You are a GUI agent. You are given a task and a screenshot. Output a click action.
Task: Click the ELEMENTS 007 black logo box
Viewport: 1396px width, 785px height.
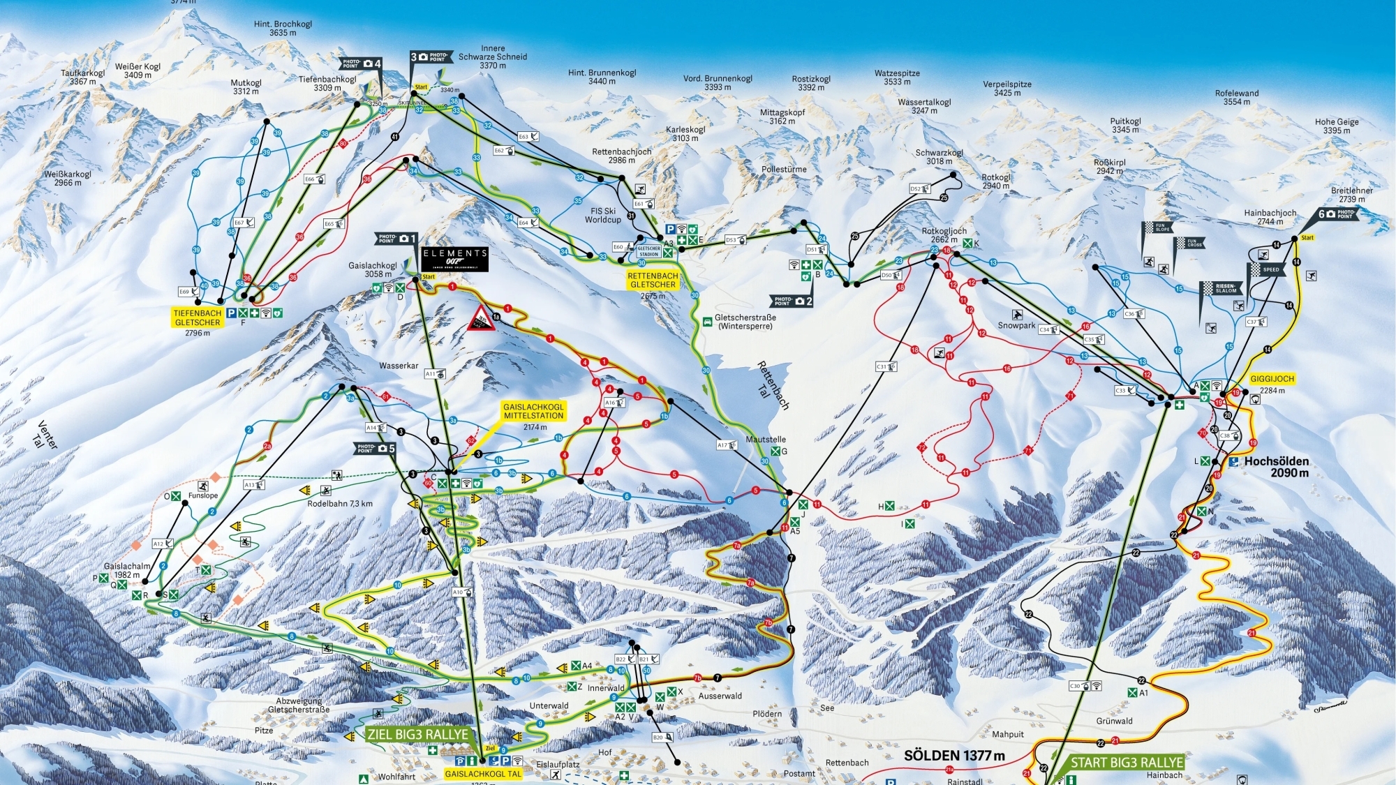(454, 259)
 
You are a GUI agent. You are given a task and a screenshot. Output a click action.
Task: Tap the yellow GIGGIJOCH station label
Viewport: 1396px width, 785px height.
(1272, 379)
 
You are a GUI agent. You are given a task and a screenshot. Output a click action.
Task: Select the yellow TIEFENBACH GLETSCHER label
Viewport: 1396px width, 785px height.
(198, 317)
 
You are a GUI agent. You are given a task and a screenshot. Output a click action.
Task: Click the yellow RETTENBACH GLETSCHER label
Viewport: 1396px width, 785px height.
(653, 280)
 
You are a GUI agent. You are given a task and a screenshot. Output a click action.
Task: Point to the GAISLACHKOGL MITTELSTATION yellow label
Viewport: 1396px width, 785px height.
(533, 411)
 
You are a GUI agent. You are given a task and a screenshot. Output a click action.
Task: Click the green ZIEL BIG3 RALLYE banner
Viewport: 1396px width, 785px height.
(417, 735)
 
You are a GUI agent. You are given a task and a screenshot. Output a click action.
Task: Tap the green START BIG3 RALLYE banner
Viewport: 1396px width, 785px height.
(1127, 763)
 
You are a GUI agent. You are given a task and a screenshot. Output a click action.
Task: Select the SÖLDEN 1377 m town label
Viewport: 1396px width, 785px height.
(954, 756)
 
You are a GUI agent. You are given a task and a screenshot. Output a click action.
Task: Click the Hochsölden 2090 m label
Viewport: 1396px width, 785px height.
(1276, 467)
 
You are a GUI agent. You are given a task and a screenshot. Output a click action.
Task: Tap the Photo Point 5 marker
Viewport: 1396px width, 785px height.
(376, 448)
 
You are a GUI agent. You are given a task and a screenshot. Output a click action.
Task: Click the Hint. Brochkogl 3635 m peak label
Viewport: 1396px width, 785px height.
(283, 28)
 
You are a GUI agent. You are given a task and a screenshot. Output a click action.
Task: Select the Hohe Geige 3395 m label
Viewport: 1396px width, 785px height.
(1336, 126)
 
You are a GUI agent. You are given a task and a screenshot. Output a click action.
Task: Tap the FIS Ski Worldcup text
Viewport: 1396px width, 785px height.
(604, 215)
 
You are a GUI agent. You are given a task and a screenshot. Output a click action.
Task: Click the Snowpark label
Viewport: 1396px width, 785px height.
(1016, 325)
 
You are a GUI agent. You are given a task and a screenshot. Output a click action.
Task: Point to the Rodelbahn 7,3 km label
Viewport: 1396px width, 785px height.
(340, 503)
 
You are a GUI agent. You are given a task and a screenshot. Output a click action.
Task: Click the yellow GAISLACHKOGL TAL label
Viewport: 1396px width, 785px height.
(483, 774)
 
